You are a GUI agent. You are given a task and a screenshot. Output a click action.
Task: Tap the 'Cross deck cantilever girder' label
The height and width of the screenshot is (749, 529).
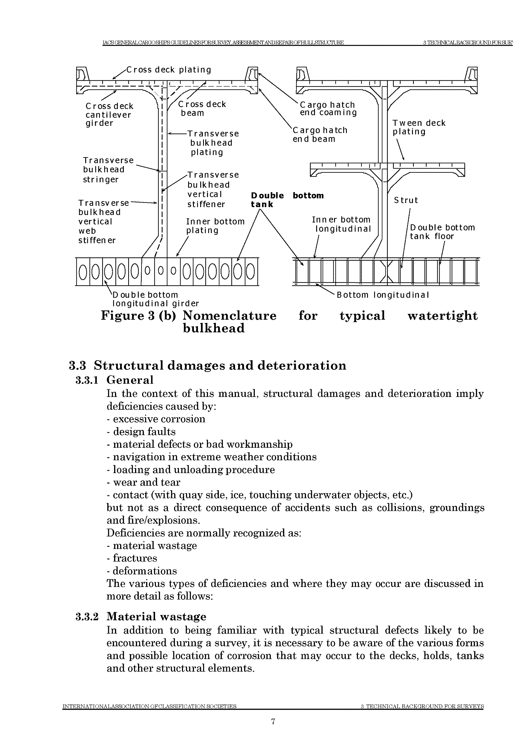tap(109, 114)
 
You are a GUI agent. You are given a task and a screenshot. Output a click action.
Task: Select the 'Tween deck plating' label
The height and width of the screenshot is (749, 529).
tap(419, 127)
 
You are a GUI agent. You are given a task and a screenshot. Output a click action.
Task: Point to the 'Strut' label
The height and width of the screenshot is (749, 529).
tap(405, 200)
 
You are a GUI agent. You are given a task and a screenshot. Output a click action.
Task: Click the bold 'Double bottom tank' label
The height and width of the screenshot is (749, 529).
tap(287, 200)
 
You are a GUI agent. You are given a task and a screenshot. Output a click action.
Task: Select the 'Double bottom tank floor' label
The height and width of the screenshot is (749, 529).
tap(442, 232)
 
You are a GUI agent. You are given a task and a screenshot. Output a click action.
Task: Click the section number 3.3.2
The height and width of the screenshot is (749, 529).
tap(87, 617)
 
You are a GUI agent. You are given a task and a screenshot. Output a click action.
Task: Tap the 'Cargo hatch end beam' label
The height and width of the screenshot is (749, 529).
tap(320, 134)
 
